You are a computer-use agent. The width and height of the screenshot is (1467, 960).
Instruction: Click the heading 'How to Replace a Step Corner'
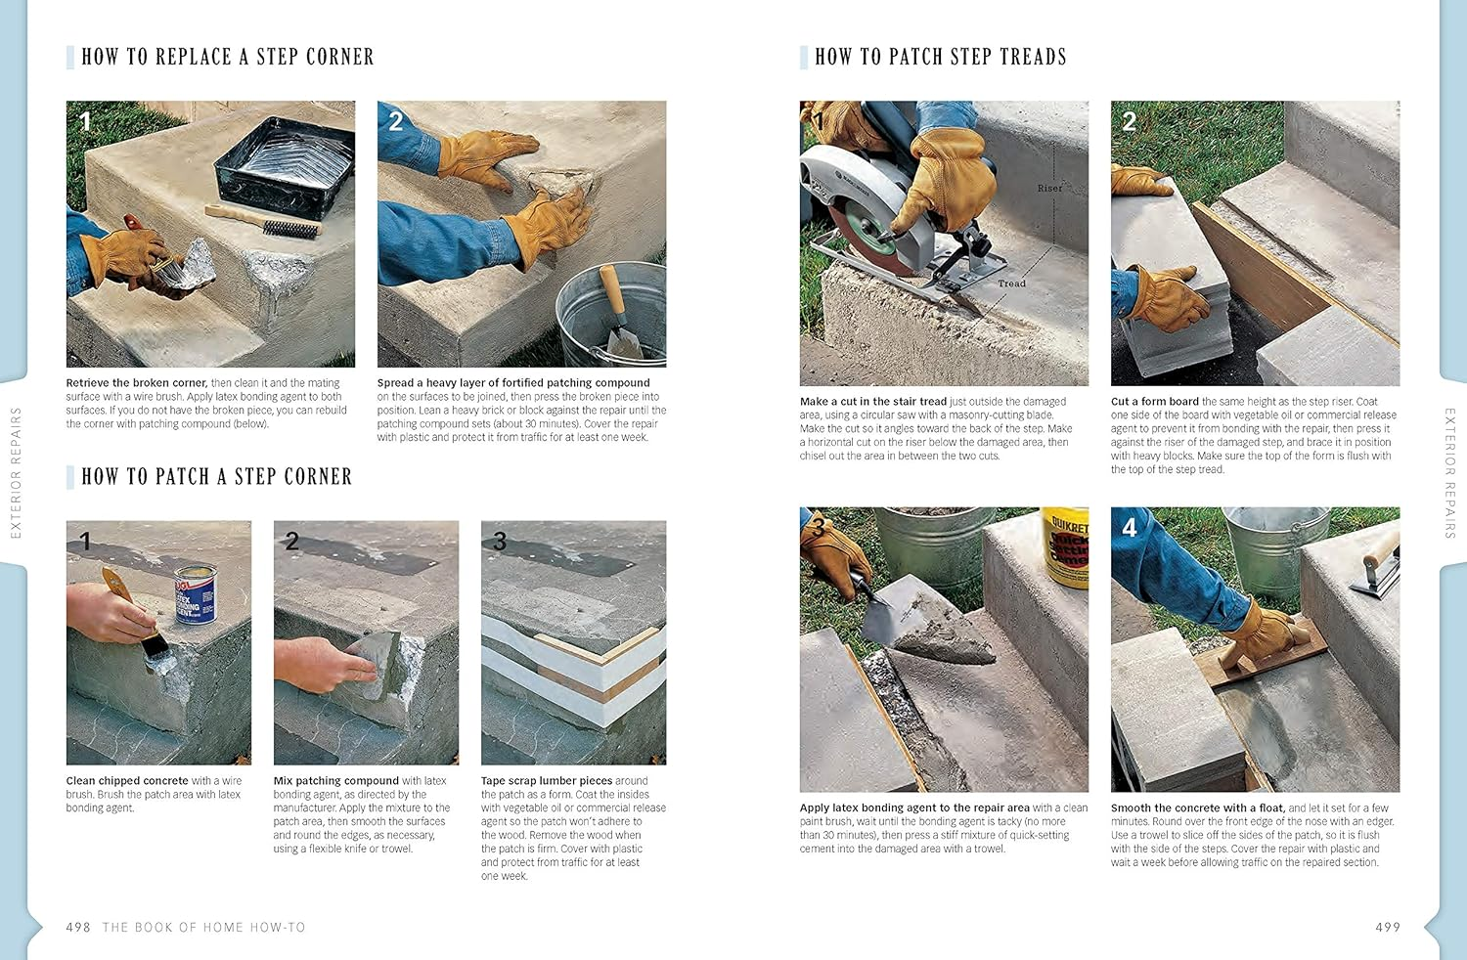(x=227, y=57)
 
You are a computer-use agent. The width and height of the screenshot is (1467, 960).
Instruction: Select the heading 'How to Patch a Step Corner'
(x=216, y=476)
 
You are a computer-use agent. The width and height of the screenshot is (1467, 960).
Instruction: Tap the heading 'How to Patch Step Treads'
(x=940, y=57)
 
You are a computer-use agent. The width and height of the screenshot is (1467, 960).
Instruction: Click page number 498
(x=78, y=927)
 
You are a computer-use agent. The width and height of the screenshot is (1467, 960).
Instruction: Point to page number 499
(x=1388, y=927)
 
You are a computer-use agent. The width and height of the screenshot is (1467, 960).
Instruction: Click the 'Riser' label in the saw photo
(x=1049, y=188)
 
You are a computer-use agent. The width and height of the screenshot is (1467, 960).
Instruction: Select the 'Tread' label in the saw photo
(x=1011, y=284)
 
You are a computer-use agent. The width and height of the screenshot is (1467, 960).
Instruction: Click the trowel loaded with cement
(x=914, y=631)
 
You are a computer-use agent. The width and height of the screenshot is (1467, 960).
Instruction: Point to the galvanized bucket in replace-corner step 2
(x=611, y=313)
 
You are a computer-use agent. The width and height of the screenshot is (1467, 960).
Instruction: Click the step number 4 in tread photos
(x=1129, y=528)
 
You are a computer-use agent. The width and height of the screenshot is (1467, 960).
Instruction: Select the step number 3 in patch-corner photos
(x=500, y=541)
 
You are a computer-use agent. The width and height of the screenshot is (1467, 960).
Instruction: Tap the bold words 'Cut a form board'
(x=1154, y=402)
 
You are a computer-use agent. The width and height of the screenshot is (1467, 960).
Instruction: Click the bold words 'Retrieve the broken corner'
(x=136, y=383)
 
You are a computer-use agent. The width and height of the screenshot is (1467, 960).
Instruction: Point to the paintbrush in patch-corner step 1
(x=137, y=616)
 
